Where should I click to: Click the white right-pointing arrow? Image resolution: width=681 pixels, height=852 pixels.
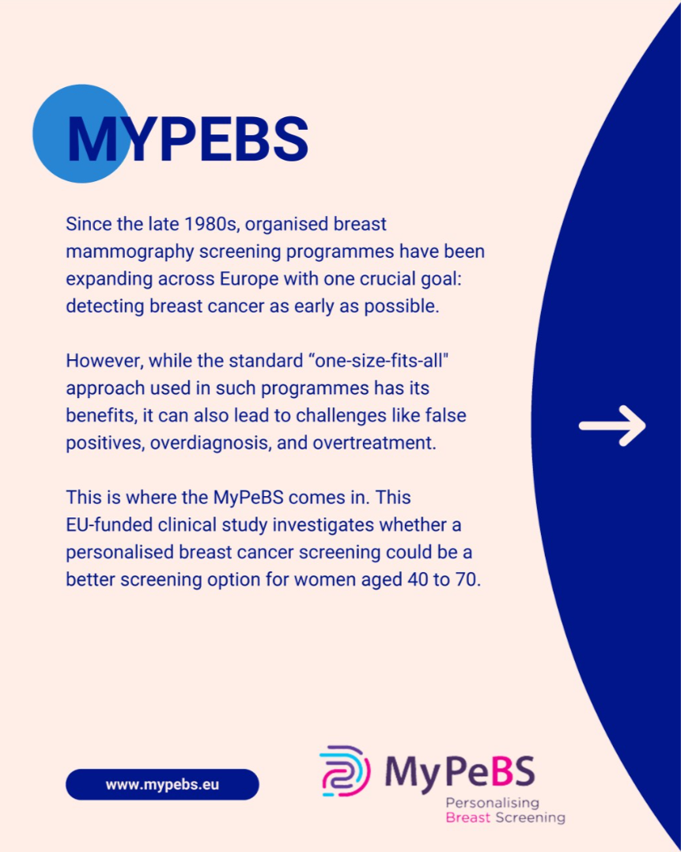pos(612,426)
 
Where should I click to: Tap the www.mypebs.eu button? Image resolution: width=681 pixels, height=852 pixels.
pos(162,784)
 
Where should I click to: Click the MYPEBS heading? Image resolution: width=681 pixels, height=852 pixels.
pos(187,139)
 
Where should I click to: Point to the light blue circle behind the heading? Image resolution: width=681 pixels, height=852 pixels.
pos(81,133)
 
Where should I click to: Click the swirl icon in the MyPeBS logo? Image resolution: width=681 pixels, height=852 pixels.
pos(345,771)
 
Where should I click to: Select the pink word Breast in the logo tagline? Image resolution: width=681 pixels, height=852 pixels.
pos(467,817)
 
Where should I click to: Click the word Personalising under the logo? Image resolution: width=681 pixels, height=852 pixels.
pos(492,804)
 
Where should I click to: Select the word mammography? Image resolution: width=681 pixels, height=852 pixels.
pos(130,252)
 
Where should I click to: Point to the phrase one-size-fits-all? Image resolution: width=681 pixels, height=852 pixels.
pos(382,361)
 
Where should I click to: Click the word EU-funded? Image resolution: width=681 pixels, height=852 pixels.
pos(109,525)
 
